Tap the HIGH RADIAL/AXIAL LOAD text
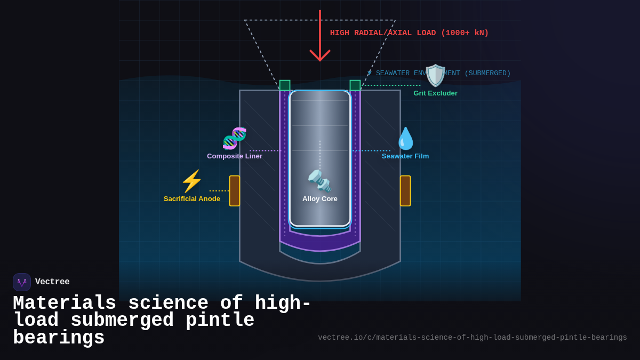point(409,33)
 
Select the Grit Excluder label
point(435,93)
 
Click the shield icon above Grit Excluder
point(435,76)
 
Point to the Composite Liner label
point(235,156)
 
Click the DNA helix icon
point(235,139)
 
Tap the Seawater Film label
point(405,156)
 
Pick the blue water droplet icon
point(405,139)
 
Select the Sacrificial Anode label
point(192,199)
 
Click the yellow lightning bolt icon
point(192,181)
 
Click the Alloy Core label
point(320,199)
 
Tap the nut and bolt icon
point(320,181)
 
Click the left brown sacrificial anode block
point(235,191)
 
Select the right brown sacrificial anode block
point(405,191)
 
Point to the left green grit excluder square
point(285,85)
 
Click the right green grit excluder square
point(355,85)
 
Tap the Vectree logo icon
point(22,282)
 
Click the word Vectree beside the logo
point(52,282)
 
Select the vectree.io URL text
point(473,338)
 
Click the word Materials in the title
point(65,303)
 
